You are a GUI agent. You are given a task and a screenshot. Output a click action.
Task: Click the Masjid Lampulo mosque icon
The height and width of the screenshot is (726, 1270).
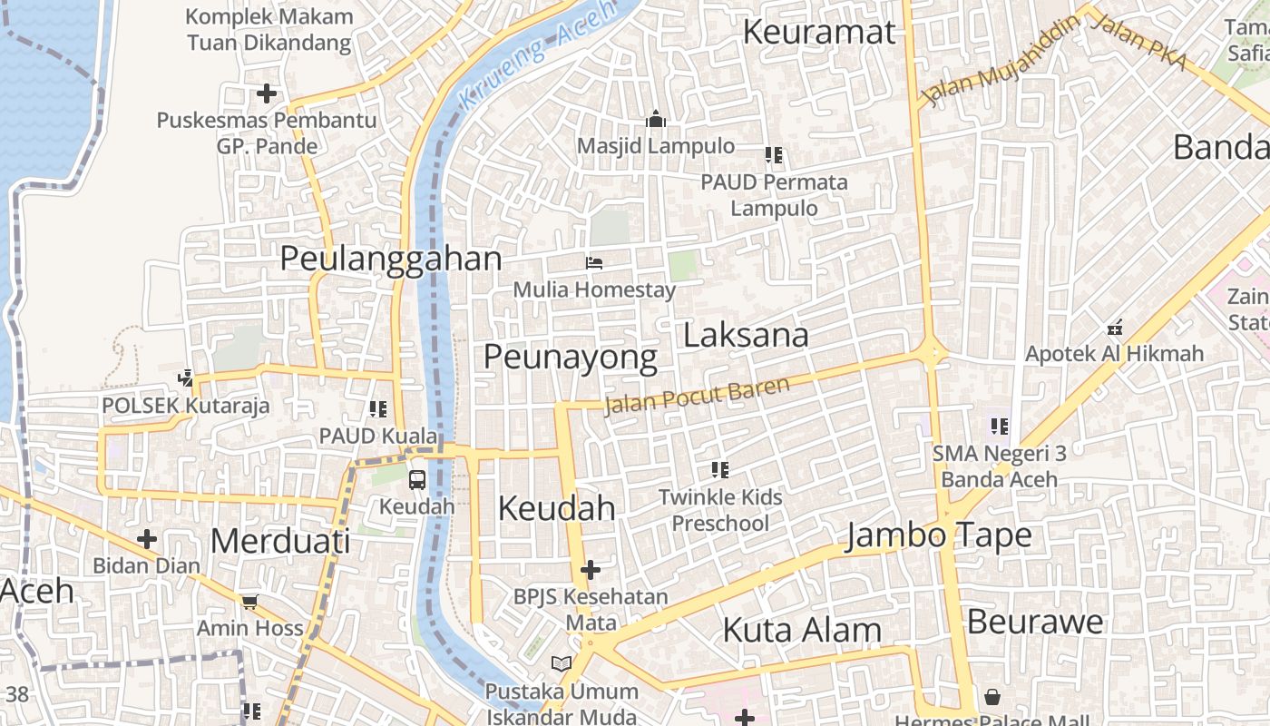(655, 119)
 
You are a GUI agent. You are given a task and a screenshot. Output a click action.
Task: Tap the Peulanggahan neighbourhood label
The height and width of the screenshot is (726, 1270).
(390, 259)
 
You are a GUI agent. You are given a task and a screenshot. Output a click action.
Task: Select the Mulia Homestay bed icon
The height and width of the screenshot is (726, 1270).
(594, 263)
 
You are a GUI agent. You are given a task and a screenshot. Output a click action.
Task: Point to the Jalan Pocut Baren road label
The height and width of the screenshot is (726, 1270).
(697, 395)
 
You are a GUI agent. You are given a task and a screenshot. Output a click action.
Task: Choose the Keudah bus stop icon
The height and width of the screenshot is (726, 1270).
(416, 479)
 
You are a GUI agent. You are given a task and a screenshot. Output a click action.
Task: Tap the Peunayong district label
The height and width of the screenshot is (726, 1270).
(570, 357)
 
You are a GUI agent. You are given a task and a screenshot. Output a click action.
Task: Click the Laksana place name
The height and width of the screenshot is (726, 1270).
(746, 335)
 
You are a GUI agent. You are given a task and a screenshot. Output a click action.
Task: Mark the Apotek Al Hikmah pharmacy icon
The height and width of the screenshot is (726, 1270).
(1115, 327)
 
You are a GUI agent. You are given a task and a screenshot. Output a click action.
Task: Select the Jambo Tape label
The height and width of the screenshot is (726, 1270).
(939, 535)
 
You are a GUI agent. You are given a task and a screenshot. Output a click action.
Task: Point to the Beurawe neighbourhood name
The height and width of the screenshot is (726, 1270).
(1035, 622)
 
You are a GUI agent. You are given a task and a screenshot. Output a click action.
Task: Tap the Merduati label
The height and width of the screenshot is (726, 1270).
(279, 541)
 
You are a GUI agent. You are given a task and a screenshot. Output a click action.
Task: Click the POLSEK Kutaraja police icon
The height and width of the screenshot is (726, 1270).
(186, 378)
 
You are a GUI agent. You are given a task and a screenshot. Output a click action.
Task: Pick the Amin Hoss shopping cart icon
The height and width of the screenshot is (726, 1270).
(250, 601)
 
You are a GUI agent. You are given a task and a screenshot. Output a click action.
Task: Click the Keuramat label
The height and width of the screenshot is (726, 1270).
(819, 32)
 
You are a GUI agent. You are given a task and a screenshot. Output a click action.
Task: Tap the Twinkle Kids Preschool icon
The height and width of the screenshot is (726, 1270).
(720, 469)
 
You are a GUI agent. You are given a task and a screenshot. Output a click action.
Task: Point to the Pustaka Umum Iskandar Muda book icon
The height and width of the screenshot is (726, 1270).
(562, 664)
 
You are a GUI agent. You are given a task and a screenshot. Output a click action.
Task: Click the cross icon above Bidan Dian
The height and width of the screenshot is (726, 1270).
(146, 540)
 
